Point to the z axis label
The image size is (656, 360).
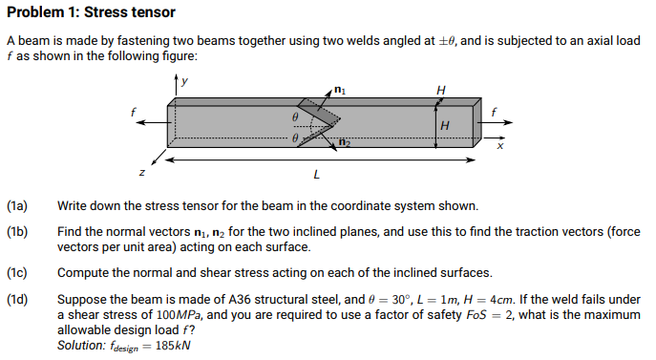pyautogui.click(x=140, y=172)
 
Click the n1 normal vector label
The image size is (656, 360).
pyautogui.click(x=341, y=90)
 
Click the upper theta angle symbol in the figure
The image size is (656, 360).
pyautogui.click(x=296, y=115)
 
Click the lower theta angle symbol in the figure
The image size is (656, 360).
pyautogui.click(x=296, y=138)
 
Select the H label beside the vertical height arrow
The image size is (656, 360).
pyautogui.click(x=445, y=125)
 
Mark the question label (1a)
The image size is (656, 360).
pyautogui.click(x=17, y=206)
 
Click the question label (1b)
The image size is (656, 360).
pyautogui.click(x=17, y=232)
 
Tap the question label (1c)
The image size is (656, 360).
pyautogui.click(x=17, y=272)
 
